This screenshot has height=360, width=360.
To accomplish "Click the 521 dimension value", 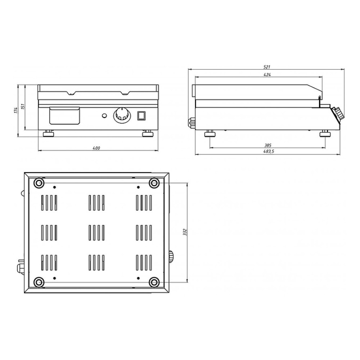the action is tap(266, 67).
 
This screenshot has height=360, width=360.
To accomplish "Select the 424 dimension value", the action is tap(267, 75).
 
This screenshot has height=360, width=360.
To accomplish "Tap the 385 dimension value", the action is tap(268, 145).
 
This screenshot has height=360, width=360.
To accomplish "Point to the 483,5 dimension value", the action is tap(269, 151).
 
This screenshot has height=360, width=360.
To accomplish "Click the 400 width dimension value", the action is tap(96, 148).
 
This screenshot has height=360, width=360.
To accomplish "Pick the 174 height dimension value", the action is tap(16, 111).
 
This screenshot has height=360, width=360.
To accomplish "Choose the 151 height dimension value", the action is tap(23, 106).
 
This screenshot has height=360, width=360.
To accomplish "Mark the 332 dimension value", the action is tap(185, 232).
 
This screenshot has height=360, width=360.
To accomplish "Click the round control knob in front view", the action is tap(122, 114).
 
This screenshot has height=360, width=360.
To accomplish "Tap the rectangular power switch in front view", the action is tap(141, 116).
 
